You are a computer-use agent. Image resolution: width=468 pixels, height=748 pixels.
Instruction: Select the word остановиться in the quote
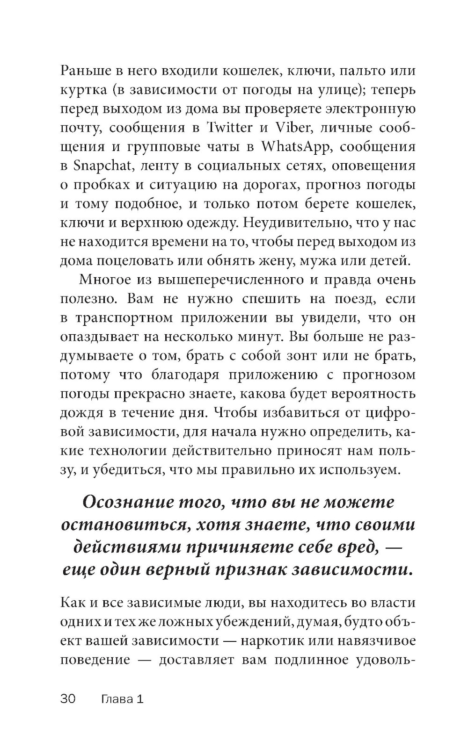(x=123, y=525)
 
